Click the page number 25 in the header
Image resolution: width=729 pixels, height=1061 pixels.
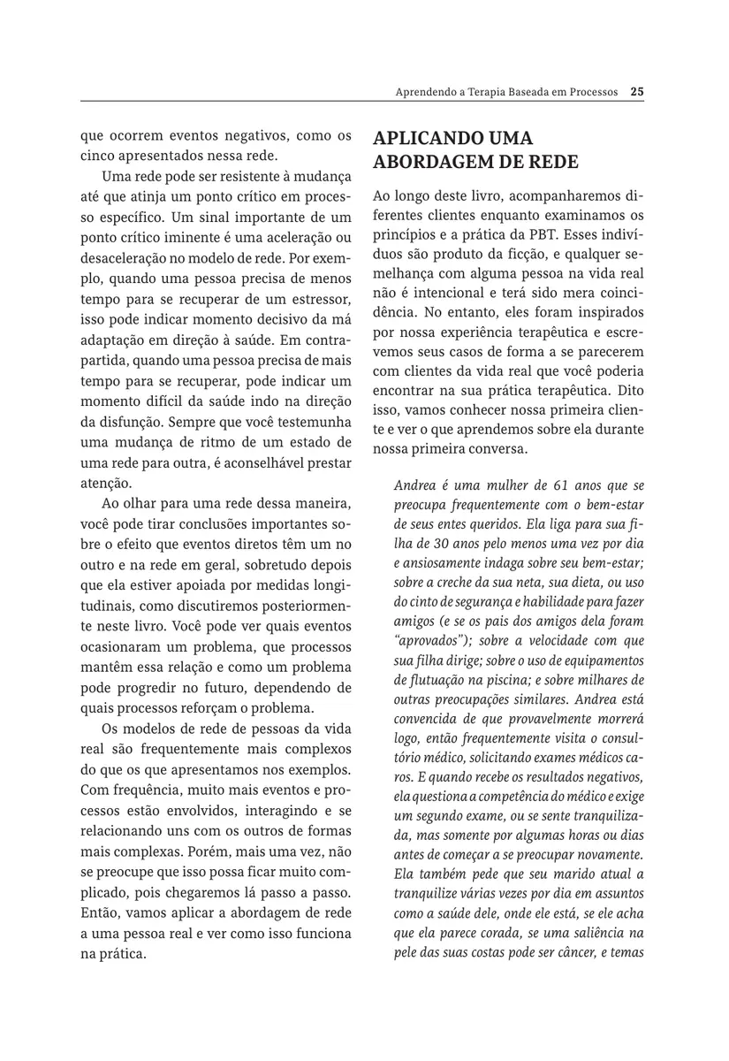(637, 90)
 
